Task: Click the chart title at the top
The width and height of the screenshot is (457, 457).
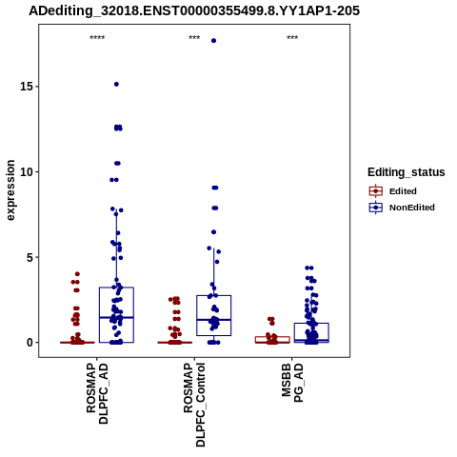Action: (194, 10)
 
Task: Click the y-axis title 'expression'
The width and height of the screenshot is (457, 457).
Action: (10, 190)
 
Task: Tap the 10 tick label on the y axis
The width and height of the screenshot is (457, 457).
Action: (27, 171)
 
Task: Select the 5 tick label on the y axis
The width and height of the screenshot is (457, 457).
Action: (30, 257)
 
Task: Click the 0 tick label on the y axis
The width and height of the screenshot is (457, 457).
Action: (30, 343)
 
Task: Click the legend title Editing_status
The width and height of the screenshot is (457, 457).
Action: (407, 172)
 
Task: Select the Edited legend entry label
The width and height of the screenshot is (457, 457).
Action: (403, 191)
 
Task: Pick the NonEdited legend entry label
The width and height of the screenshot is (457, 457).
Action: (412, 208)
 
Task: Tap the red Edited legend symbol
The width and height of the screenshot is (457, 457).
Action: (376, 191)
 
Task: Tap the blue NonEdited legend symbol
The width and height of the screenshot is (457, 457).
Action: (376, 208)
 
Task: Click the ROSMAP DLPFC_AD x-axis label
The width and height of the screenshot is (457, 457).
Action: (97, 394)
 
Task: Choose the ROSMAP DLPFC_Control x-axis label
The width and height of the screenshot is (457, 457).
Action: (194, 405)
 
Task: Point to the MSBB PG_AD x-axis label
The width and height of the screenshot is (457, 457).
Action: (292, 383)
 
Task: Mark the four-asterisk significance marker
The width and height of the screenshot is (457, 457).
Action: (97, 38)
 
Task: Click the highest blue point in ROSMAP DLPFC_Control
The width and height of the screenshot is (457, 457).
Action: (213, 41)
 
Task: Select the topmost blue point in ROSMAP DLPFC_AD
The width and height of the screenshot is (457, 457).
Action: (116, 84)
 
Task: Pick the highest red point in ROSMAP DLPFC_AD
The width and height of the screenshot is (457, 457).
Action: (77, 274)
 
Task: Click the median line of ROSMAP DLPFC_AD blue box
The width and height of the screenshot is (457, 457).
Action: (116, 317)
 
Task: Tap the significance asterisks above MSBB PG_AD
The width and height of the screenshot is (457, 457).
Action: (292, 38)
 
